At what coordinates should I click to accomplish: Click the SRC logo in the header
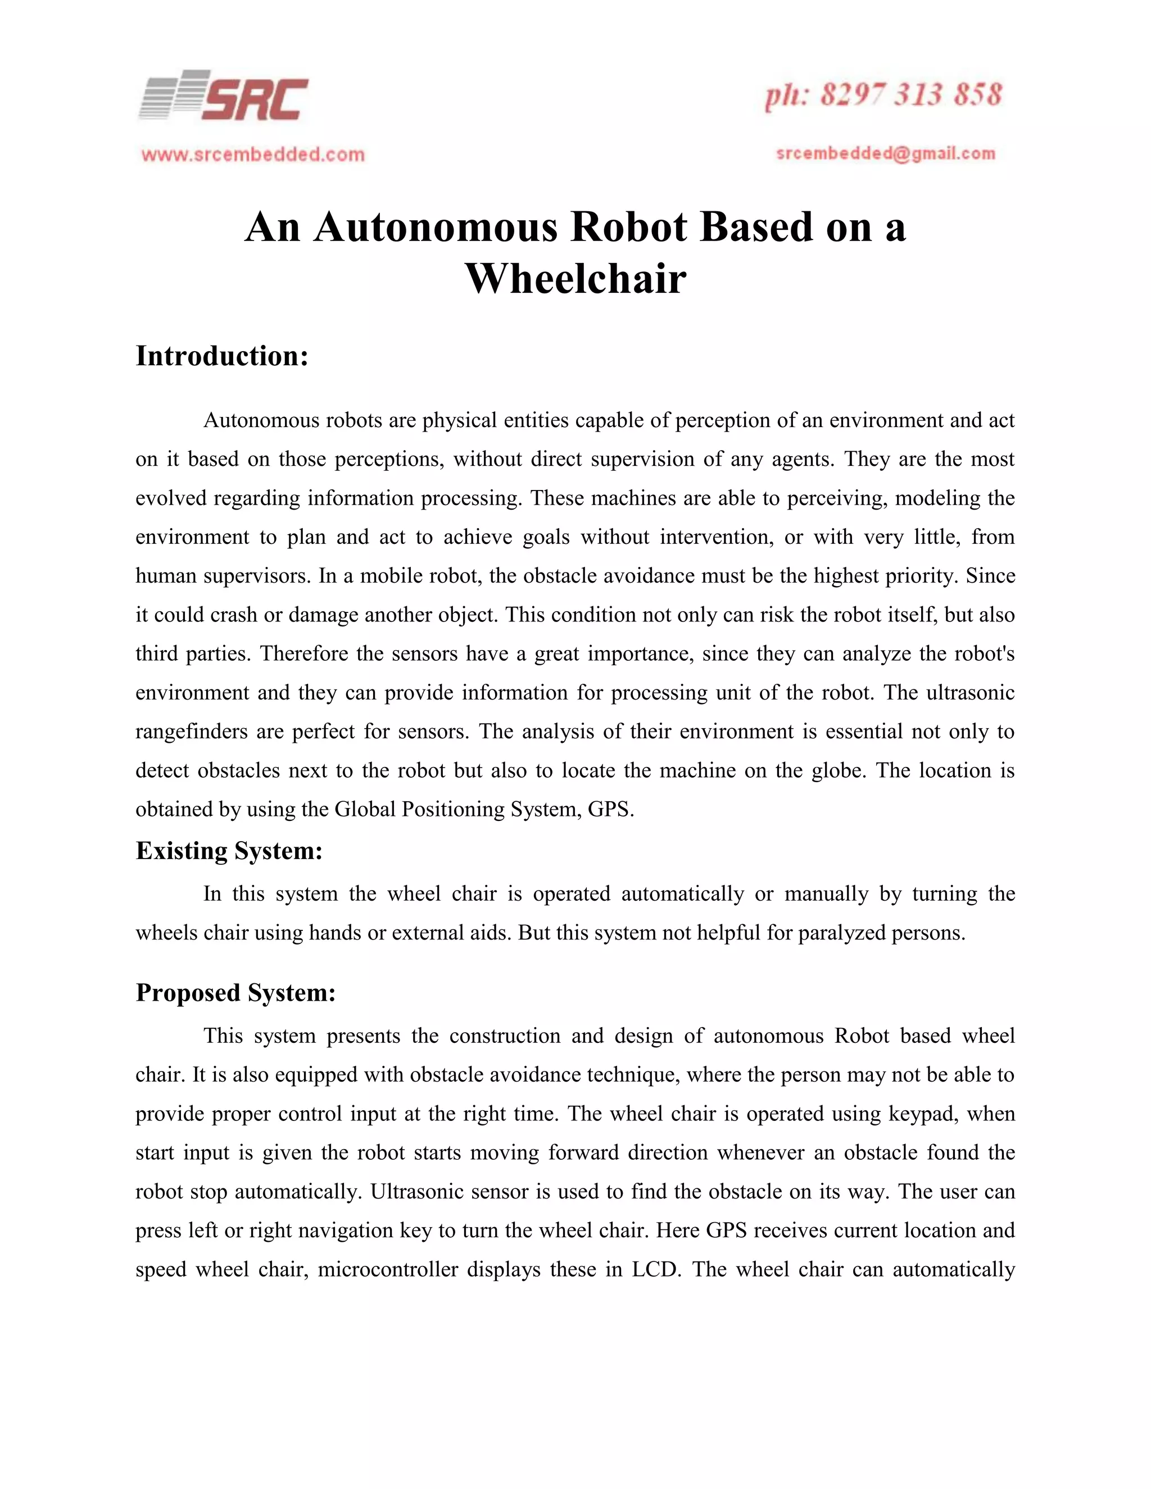[x=224, y=97]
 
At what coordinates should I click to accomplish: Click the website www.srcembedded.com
[x=253, y=155]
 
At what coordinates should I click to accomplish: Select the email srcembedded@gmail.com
[x=886, y=153]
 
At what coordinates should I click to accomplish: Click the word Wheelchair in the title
[x=575, y=279]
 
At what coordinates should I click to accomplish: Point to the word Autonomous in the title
[x=436, y=227]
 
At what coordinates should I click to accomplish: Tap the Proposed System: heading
[x=236, y=993]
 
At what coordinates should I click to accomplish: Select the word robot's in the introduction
[x=984, y=654]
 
